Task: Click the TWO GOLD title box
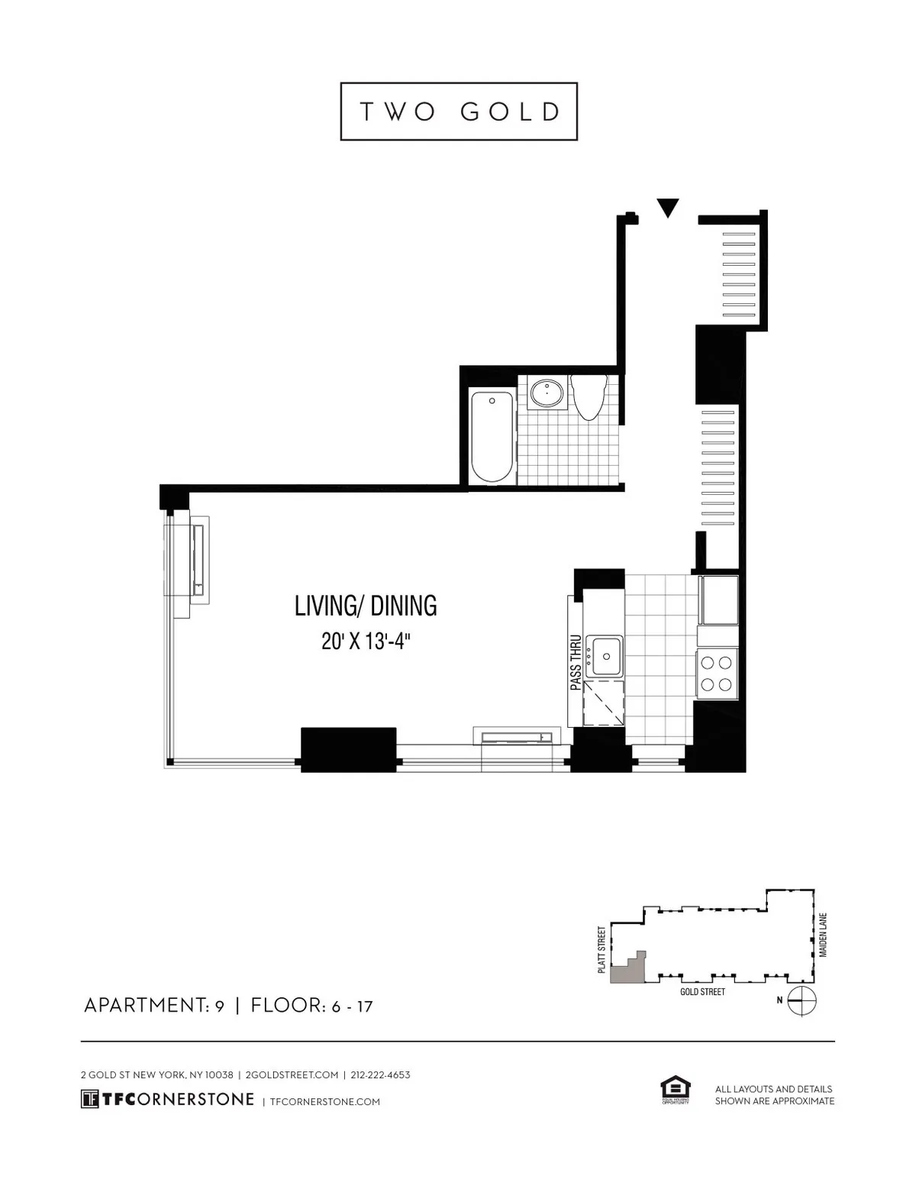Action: click(x=458, y=111)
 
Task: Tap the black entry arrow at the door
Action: click(x=668, y=207)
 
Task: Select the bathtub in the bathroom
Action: click(x=492, y=436)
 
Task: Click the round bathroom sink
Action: click(x=548, y=393)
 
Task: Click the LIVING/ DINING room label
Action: click(x=366, y=606)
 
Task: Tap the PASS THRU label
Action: click(x=576, y=663)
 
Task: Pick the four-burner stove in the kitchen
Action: click(x=718, y=673)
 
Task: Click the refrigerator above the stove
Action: click(x=718, y=600)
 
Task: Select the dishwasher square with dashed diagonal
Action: click(x=603, y=703)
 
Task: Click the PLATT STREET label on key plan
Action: click(x=602, y=949)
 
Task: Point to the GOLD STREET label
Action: click(x=702, y=991)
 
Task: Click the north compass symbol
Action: click(x=802, y=1000)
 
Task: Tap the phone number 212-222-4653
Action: click(x=380, y=1075)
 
